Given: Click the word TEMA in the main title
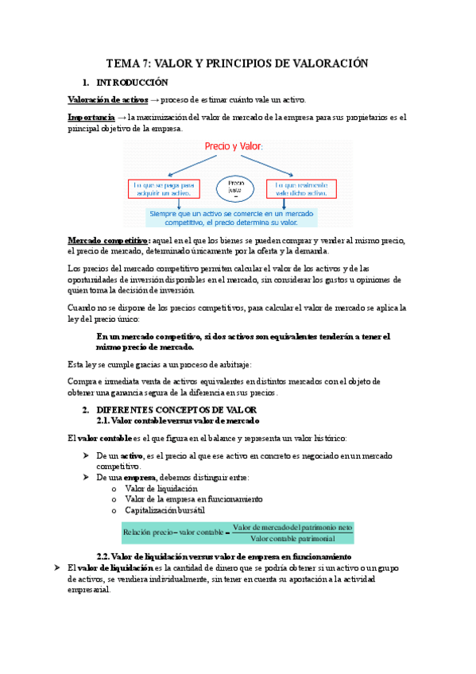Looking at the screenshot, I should pyautogui.click(x=122, y=64).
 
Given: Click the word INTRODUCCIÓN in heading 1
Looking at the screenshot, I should pyautogui.click(x=133, y=83).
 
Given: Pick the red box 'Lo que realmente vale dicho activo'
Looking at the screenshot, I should pyautogui.click(x=299, y=188).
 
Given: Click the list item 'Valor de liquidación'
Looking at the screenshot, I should pyautogui.click(x=163, y=488).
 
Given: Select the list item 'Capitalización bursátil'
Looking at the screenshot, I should pyautogui.click(x=165, y=509).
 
